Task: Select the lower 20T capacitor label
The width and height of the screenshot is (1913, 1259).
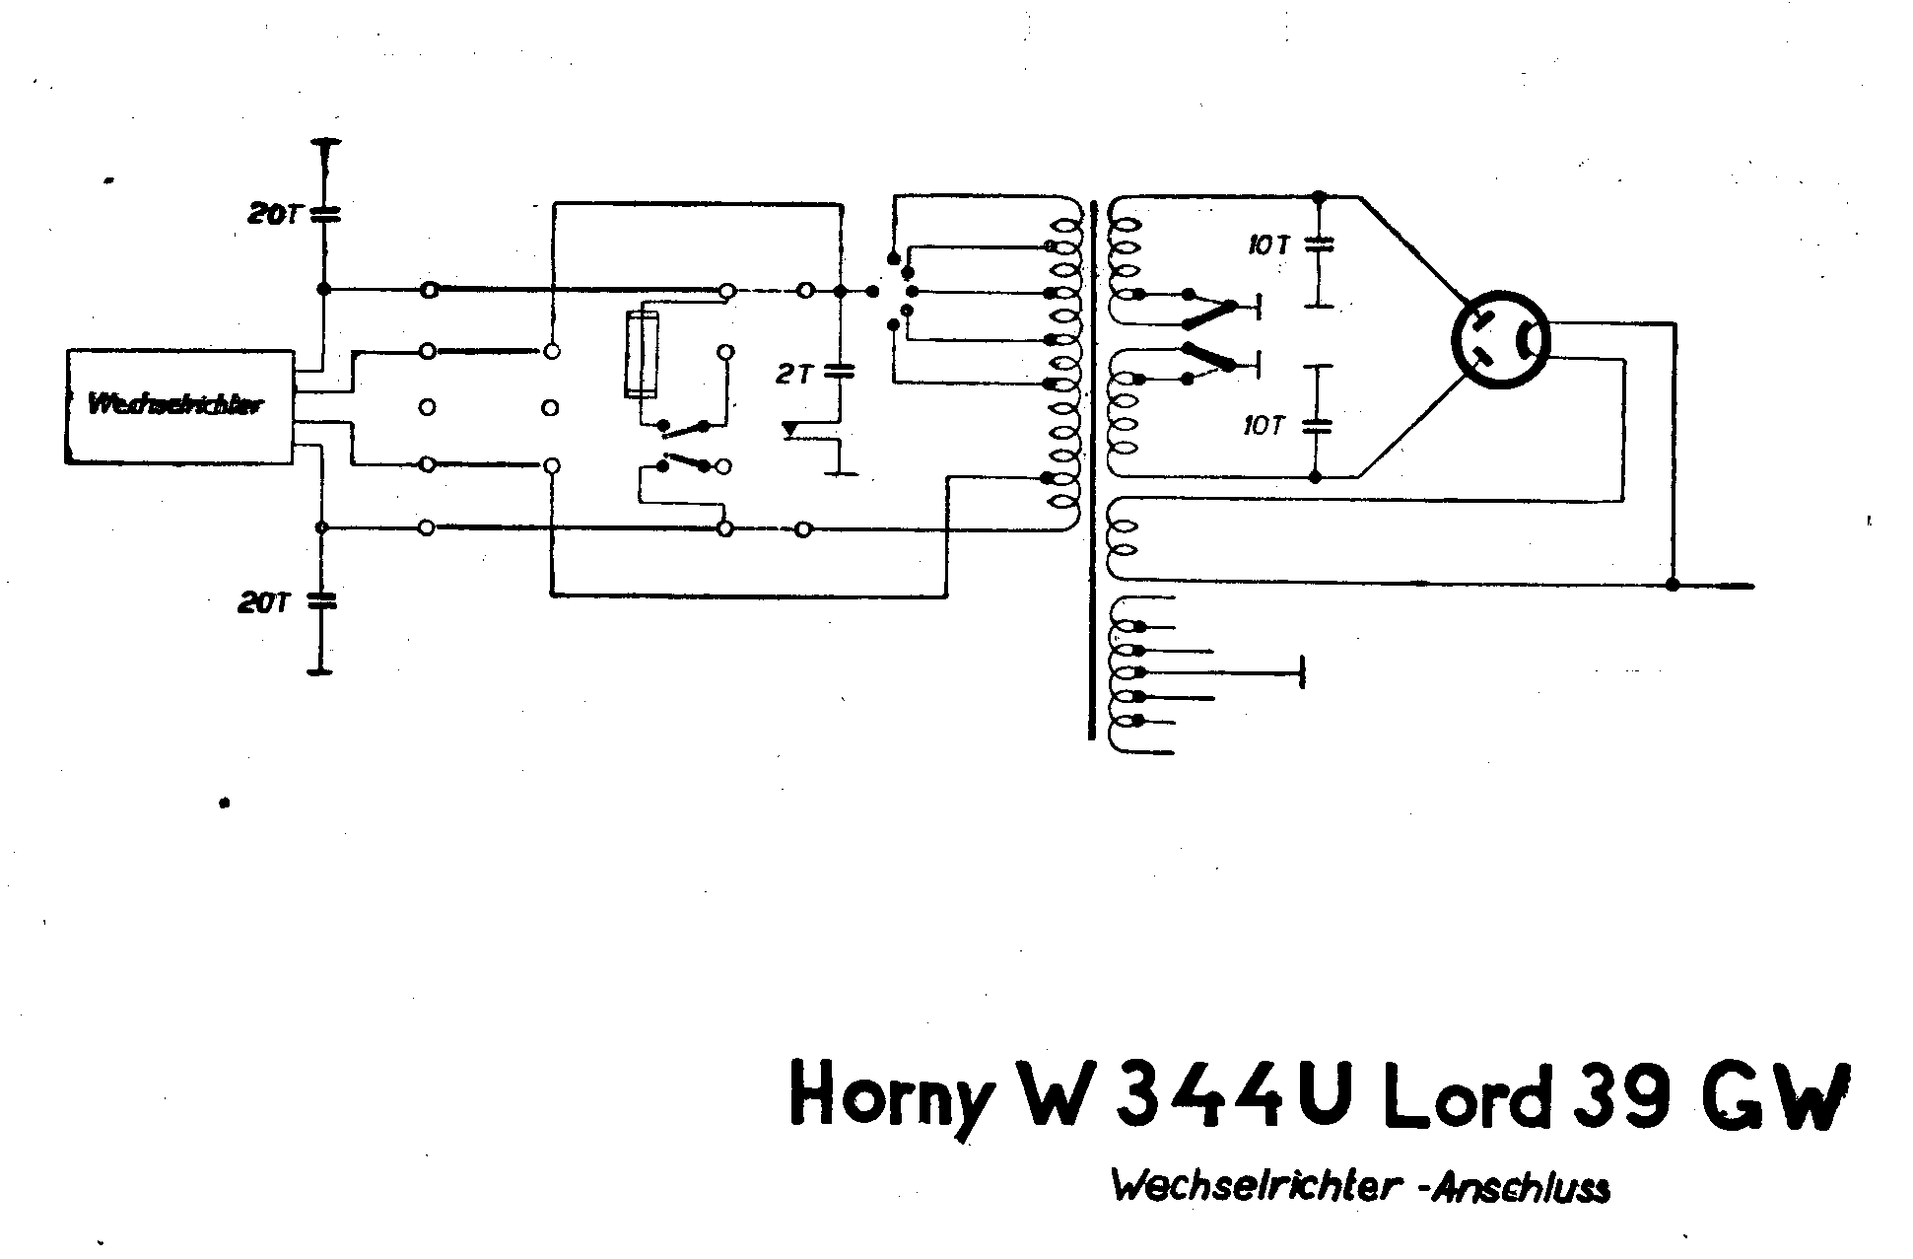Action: [x=262, y=602]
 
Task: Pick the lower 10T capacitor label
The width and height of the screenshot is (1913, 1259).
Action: [x=1264, y=427]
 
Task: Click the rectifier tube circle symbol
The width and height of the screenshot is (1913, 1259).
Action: [x=1500, y=340]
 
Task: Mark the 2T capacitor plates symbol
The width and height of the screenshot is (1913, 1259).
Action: [x=840, y=372]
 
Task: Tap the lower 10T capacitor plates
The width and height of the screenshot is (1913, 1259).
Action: [x=1317, y=426]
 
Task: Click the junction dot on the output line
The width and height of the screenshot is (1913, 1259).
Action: [x=1673, y=585]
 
